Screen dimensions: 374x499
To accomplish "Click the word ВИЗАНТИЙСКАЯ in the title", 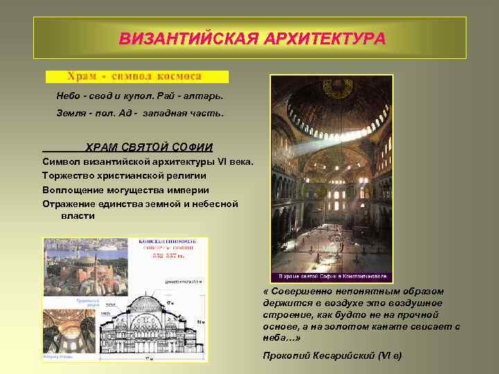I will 180,38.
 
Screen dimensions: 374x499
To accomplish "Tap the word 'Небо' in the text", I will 68,95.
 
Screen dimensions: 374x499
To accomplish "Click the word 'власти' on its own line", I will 78,216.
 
